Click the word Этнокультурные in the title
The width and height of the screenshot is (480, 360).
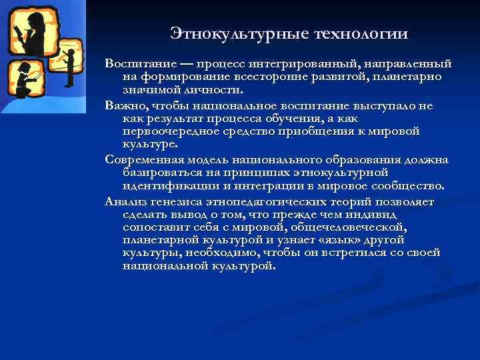[226, 33]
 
